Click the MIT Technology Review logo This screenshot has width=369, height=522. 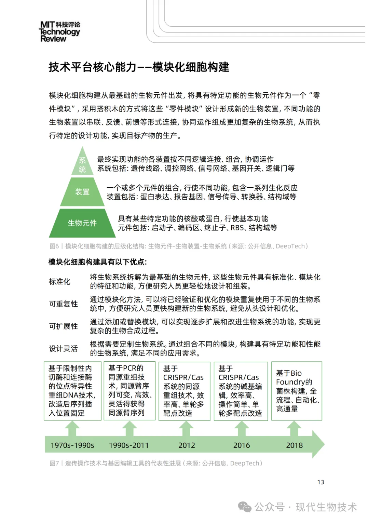pos(60,31)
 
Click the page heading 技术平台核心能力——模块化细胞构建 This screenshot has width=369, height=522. pos(139,67)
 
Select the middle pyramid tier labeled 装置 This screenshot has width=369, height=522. pos(82,192)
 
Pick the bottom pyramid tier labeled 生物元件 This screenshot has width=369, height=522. pos(82,223)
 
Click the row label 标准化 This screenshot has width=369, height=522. pos(59,282)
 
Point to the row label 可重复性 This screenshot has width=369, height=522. pos(63,304)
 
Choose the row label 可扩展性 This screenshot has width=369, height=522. pos(63,326)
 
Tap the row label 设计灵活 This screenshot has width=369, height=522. pos(63,349)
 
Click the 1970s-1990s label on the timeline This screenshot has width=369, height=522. pos(72,445)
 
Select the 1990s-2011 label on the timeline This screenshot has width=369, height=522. pos(129,445)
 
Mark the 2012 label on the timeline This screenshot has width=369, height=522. pos(187,445)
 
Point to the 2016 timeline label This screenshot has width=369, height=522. pos(242,445)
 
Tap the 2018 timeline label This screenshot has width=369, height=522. pos(294,445)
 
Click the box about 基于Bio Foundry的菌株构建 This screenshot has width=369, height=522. pos(297,391)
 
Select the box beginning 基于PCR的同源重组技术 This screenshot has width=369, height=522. pos(129,390)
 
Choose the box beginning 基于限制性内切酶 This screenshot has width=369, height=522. pos(72,391)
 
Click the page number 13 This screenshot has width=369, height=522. pos(320,482)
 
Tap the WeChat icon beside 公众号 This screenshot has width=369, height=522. pos(245,507)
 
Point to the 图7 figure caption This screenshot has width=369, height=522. pos(156,463)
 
